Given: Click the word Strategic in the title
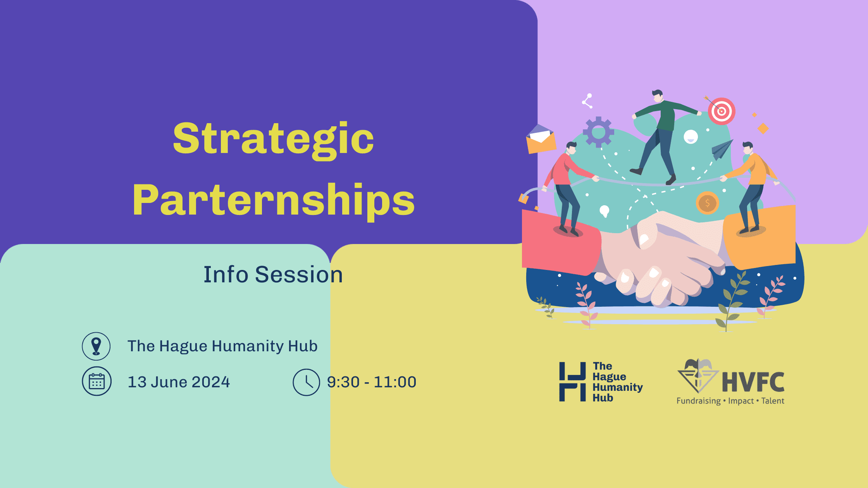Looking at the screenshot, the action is pos(274,139).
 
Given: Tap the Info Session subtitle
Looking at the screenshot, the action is pos(273,275).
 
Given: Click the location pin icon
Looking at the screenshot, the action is pos(96,346).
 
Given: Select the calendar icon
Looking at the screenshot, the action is pos(97,381).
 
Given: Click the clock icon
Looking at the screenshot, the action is pos(306,382).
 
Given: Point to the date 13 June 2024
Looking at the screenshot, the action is pos(179,382).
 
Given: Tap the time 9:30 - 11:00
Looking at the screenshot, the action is pos(372,382).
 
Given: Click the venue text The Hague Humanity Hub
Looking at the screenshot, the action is pos(222,346).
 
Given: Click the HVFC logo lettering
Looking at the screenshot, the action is pos(753,382).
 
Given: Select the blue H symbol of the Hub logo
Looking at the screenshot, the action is pos(572,382).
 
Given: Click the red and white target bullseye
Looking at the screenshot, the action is pos(722,111).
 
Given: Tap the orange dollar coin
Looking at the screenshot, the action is pos(707,203).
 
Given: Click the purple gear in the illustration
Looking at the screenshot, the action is pos(599,132).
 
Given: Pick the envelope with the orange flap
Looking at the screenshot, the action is pos(541,139).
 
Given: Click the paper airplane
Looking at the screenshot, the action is pos(722,149).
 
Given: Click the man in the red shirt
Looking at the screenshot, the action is pos(568,188).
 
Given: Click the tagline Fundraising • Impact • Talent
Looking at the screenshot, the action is pos(730,401).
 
